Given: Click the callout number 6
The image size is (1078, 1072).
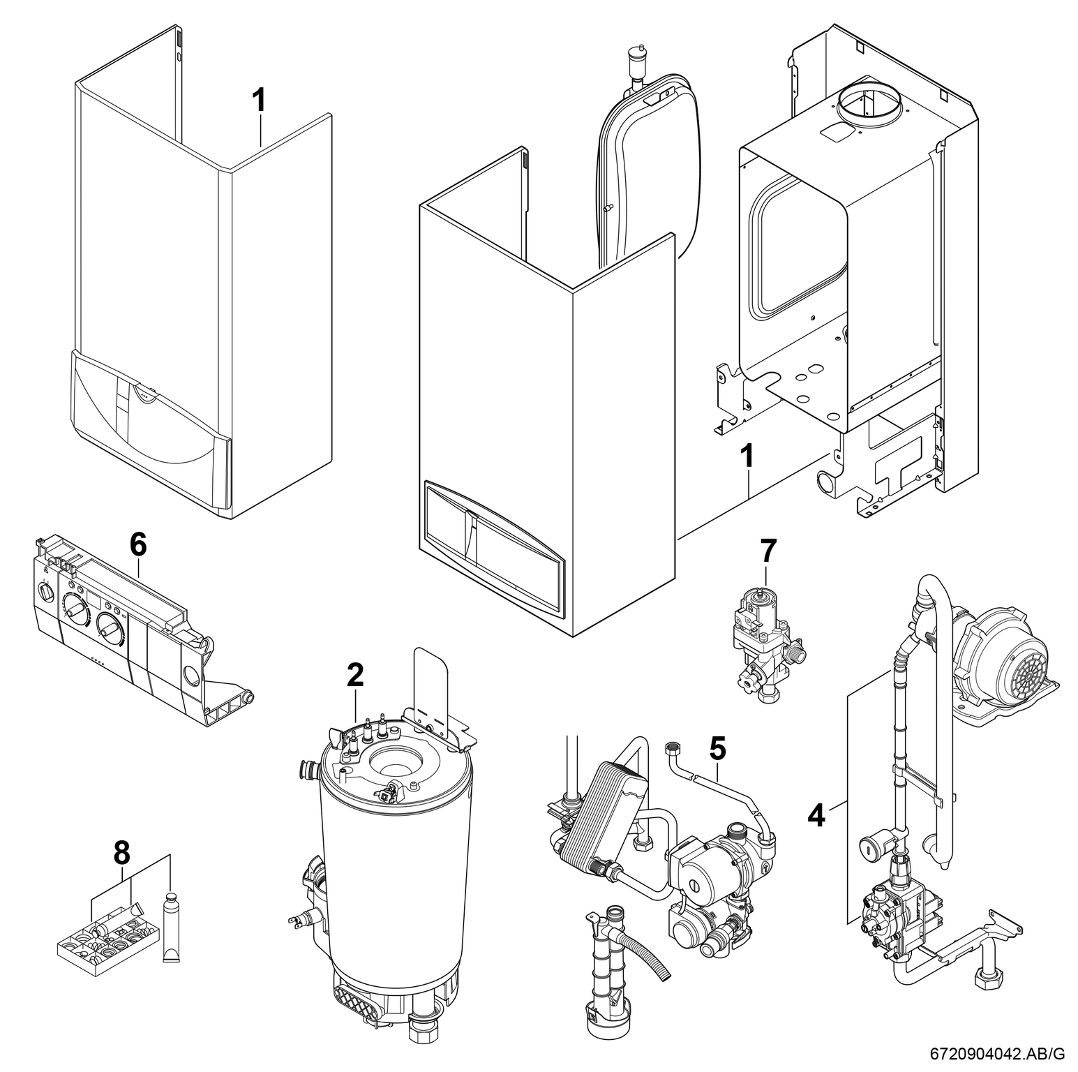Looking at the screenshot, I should (138, 544).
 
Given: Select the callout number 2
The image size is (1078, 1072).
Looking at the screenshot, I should (355, 675).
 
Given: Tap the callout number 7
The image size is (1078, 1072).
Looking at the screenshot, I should (767, 551).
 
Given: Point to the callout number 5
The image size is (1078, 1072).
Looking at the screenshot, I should (717, 748).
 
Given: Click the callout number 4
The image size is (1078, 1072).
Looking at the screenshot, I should (816, 814).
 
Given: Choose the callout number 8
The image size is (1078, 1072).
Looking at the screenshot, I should (122, 851).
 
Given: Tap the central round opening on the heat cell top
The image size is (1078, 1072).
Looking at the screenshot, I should (393, 763).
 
